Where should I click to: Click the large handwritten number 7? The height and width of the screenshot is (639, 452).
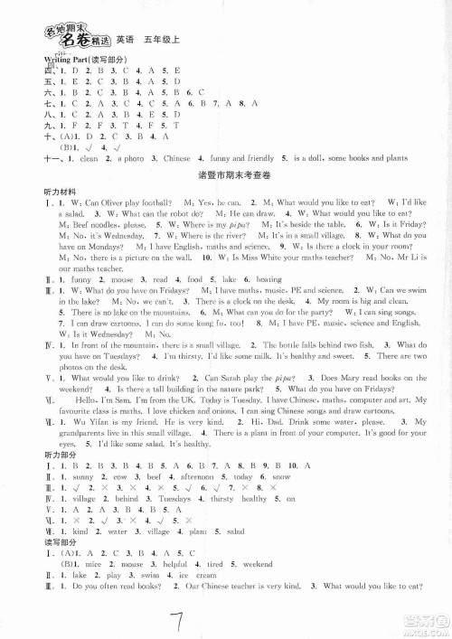[227, 614]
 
